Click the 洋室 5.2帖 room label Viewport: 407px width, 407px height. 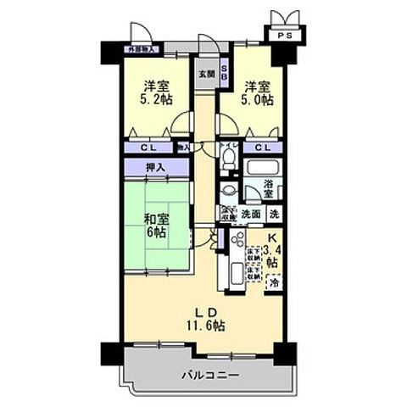click(x=153, y=92)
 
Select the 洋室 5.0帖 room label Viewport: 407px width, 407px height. click(x=256, y=92)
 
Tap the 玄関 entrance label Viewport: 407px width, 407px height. click(x=206, y=74)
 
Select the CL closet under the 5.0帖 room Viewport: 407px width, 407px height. click(x=263, y=148)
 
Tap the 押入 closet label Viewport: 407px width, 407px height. click(x=154, y=168)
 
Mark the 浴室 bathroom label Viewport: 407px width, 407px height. click(x=269, y=188)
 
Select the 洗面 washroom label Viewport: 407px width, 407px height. click(x=249, y=214)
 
